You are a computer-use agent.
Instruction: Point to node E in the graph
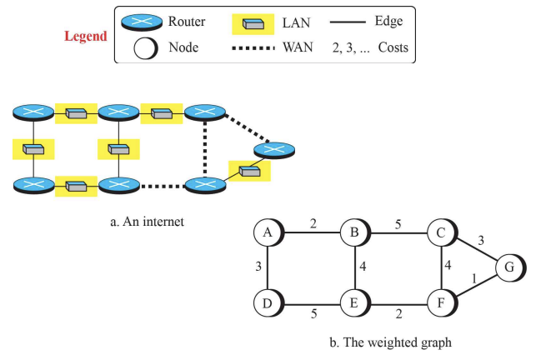(x=354, y=302)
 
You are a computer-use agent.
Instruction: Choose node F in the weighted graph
(x=441, y=302)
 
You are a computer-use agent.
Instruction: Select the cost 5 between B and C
(x=398, y=224)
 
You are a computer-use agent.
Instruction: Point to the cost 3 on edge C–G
(x=480, y=242)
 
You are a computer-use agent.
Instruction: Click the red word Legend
(x=87, y=37)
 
